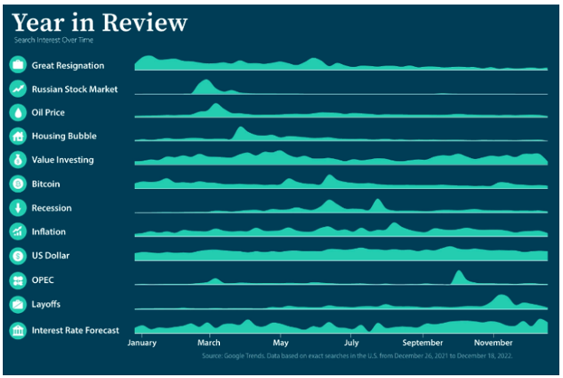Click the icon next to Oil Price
[x=17, y=113]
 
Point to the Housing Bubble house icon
[x=17, y=137]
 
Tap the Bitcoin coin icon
[x=17, y=184]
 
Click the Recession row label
[x=52, y=208]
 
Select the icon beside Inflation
[x=17, y=232]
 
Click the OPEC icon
[x=17, y=279]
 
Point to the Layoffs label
[x=46, y=304]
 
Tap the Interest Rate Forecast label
[x=75, y=330]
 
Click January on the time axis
[x=142, y=344]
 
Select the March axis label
[x=209, y=344]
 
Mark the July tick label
[x=350, y=344]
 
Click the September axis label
[x=422, y=344]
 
